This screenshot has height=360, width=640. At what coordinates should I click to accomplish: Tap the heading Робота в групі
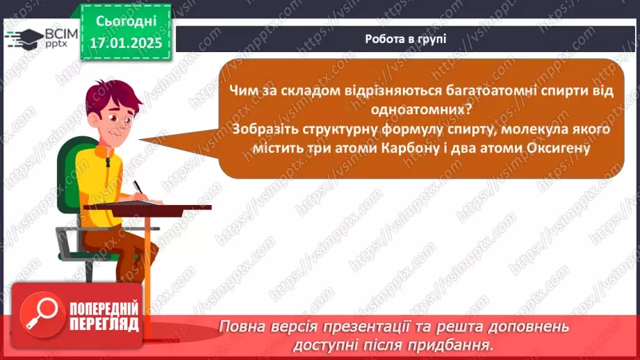pyautogui.click(x=406, y=39)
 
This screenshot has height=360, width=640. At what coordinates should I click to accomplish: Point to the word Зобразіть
pyautogui.click(x=267, y=130)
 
